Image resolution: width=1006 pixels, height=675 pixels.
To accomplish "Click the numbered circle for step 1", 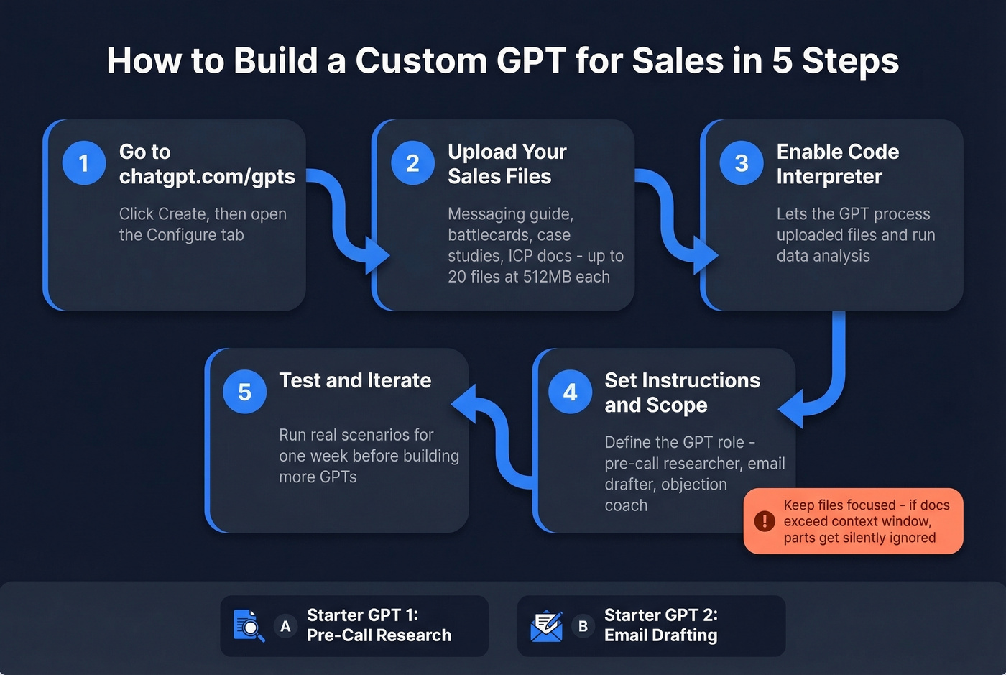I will (84, 163).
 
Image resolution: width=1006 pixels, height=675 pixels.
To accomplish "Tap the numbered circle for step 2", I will (412, 163).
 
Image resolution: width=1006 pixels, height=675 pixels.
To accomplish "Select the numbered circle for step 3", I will (742, 163).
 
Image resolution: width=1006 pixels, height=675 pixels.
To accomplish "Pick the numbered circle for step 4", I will (570, 392).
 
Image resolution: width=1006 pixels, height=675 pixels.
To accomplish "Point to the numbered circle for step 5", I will (244, 392).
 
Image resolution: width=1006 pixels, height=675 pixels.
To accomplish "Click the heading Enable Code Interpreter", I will (837, 164).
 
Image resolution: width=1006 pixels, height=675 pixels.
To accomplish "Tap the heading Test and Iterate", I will (355, 380).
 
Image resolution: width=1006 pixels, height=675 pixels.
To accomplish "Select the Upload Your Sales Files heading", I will (507, 164).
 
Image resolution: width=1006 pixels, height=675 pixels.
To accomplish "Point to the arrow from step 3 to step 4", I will (834, 374).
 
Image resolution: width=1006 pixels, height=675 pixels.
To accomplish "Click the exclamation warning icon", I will (764, 520).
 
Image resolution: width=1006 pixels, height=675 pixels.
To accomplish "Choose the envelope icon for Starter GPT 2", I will (546, 625).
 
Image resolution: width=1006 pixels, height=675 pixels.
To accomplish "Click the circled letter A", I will (285, 626).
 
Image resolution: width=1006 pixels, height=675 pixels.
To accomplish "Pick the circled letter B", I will (583, 626).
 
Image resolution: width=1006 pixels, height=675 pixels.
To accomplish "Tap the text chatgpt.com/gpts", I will (207, 177).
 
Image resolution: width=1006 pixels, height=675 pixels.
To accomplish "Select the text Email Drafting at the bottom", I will (660, 635).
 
